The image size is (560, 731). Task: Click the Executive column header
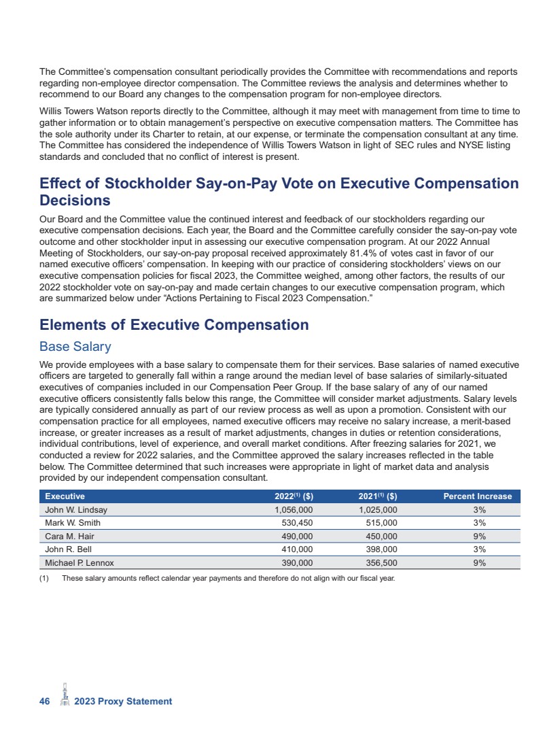(65, 496)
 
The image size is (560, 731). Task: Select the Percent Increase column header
(477, 496)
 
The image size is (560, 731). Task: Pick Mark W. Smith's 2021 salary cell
(378, 523)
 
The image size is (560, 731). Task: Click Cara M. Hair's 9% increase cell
(479, 537)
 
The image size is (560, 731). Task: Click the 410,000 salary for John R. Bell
(297, 549)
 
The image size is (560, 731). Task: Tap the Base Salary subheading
(75, 347)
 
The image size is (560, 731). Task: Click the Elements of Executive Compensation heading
(174, 325)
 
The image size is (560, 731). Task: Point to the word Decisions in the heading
(75, 201)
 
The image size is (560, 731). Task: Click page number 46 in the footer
(45, 701)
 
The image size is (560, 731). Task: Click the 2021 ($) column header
(377, 496)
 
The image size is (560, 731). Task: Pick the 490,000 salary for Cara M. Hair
(297, 537)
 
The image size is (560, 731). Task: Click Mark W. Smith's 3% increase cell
(479, 523)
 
